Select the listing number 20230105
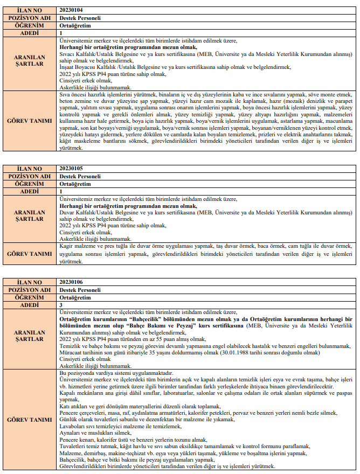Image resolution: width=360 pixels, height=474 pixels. pos(71,169)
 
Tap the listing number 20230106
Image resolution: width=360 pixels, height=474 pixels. pos(71,282)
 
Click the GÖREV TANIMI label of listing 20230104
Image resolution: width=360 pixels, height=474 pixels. pos(30,122)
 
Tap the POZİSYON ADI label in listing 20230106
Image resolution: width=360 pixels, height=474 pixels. pos(30,290)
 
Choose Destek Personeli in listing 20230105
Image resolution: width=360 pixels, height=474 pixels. pos(80,176)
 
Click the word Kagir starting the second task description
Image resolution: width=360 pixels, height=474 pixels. pos(66,245)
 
